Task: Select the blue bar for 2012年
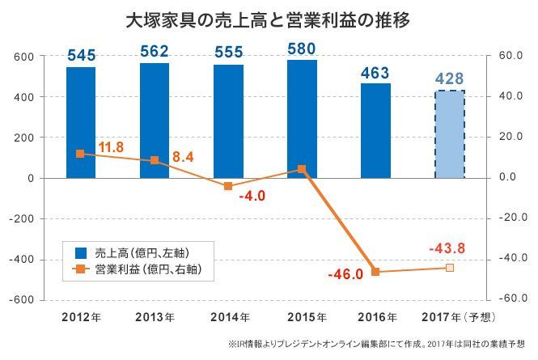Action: [x=81, y=121]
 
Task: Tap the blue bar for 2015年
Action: [x=302, y=118]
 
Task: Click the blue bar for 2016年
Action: [x=375, y=130]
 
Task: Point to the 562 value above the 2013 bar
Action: [x=155, y=52]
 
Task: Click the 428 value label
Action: [x=449, y=79]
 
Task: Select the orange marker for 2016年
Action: [x=375, y=272]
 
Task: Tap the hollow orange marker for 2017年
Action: [x=450, y=268]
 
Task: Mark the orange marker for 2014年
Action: [x=228, y=186]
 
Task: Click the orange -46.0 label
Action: [x=345, y=275]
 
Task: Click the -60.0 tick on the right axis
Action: [x=513, y=299]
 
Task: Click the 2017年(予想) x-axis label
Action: [x=453, y=316]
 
